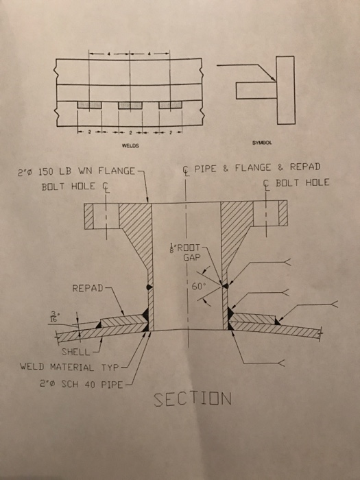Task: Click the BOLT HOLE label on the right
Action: [x=302, y=182]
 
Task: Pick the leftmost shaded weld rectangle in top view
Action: [x=88, y=105]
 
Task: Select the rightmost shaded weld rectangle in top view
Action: [x=170, y=105]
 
